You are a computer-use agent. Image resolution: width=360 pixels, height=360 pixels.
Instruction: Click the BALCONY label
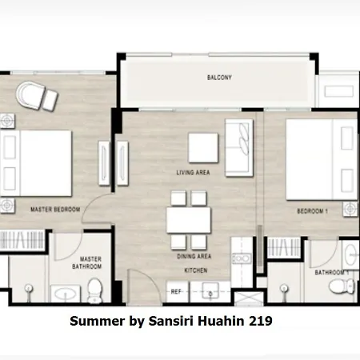219,78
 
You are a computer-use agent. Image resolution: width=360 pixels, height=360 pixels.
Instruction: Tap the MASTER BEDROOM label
55,210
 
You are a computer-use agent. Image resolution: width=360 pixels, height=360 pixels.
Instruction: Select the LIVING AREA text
193,173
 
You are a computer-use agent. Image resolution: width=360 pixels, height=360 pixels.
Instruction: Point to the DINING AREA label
194,256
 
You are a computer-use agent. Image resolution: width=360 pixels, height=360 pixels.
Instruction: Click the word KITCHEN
196,270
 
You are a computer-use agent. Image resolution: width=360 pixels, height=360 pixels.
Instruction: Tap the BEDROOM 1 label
312,211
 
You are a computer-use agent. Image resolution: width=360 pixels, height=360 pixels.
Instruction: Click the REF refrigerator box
178,291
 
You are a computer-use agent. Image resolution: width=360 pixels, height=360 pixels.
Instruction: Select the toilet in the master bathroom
94,290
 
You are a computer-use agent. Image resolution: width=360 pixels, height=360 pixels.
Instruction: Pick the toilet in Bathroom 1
342,286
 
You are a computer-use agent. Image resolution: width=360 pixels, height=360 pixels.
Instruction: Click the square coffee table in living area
203,148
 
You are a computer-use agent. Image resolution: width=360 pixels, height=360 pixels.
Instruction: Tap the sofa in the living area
239,148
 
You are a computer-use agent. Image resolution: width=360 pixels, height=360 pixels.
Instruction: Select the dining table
189,221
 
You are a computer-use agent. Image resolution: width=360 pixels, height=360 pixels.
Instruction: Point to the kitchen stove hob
242,258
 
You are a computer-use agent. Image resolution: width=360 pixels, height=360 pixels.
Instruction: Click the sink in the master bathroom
66,294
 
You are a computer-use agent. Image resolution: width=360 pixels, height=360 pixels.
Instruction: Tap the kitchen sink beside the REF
210,291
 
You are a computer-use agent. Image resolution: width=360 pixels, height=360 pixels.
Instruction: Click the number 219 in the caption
261,321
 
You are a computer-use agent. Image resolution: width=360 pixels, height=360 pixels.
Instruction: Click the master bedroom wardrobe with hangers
22,240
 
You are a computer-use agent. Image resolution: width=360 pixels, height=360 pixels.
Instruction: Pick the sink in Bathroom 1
350,254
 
